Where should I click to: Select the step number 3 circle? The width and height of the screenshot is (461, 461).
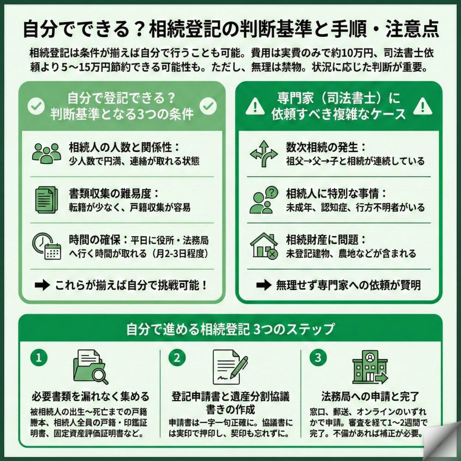pyautogui.click(x=315, y=357)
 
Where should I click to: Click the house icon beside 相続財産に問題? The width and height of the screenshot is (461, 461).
pyautogui.click(x=263, y=245)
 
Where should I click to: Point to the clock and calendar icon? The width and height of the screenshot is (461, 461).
pyautogui.click(x=47, y=245)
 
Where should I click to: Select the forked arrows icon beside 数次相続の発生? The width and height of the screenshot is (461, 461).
pyautogui.click(x=263, y=153)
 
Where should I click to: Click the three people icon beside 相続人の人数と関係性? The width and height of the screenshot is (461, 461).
pyautogui.click(x=47, y=153)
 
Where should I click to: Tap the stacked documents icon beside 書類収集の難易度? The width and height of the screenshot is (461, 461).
pyautogui.click(x=46, y=199)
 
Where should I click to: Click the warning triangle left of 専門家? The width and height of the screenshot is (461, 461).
pyautogui.click(x=253, y=107)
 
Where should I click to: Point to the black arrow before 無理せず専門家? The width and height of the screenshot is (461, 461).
pyautogui.click(x=263, y=285)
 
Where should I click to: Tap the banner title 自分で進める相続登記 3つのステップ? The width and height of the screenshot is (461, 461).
pyautogui.click(x=230, y=330)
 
